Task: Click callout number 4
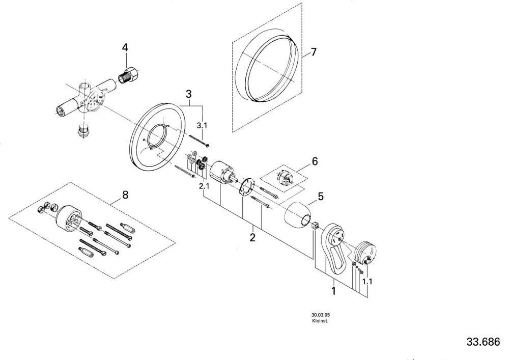coord(125,48)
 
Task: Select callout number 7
coord(313,52)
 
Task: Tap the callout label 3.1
coord(202,126)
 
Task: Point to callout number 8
coord(125,195)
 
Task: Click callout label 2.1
coord(204,186)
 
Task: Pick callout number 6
coord(315,161)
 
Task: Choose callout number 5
coord(321,197)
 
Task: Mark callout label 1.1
coord(367,281)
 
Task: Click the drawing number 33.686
coord(484,342)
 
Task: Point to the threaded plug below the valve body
coord(84,130)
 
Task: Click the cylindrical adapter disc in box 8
coord(68,219)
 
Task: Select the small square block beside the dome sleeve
coord(315,226)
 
